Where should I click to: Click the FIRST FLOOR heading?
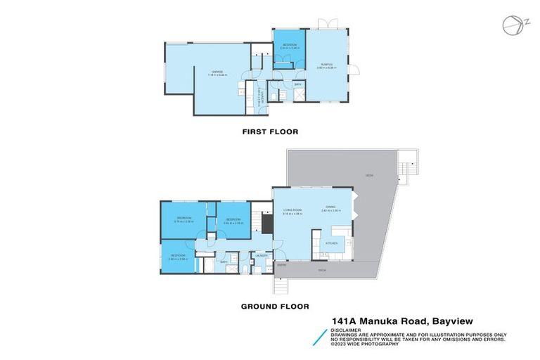pyautogui.click(x=270, y=131)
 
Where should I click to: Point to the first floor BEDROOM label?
pyautogui.click(x=290, y=46)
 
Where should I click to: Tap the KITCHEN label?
pyautogui.click(x=331, y=243)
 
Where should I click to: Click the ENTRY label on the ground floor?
pyautogui.click(x=281, y=265)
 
